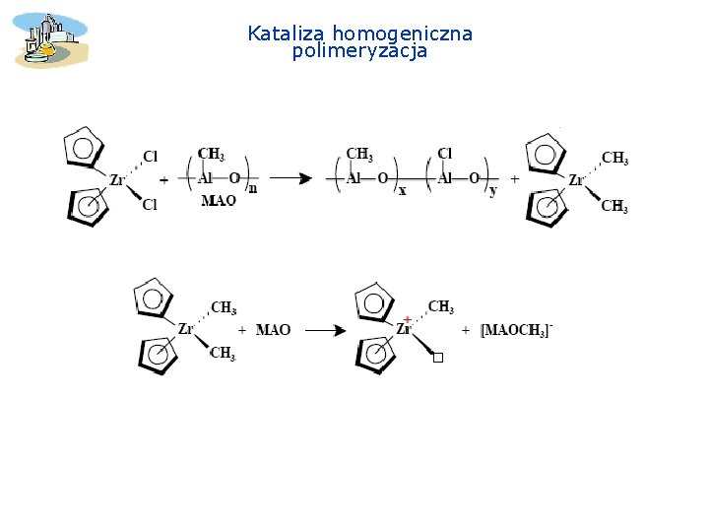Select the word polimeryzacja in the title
pyautogui.click(x=359, y=51)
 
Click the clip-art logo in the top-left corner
pyautogui.click(x=50, y=39)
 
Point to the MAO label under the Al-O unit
pyautogui.click(x=219, y=201)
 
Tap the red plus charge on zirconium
pyautogui.click(x=407, y=319)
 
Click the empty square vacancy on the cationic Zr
pyautogui.click(x=438, y=358)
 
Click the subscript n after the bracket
pyautogui.click(x=252, y=188)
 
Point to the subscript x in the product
pyautogui.click(x=402, y=190)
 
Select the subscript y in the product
pyautogui.click(x=492, y=190)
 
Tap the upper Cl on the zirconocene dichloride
pyautogui.click(x=151, y=156)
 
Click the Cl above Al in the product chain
pyautogui.click(x=444, y=154)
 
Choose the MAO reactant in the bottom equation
pyautogui.click(x=273, y=330)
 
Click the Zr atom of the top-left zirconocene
pyautogui.click(x=116, y=180)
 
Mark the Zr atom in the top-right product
pyautogui.click(x=576, y=180)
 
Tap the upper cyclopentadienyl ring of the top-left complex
pyautogui.click(x=85, y=149)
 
